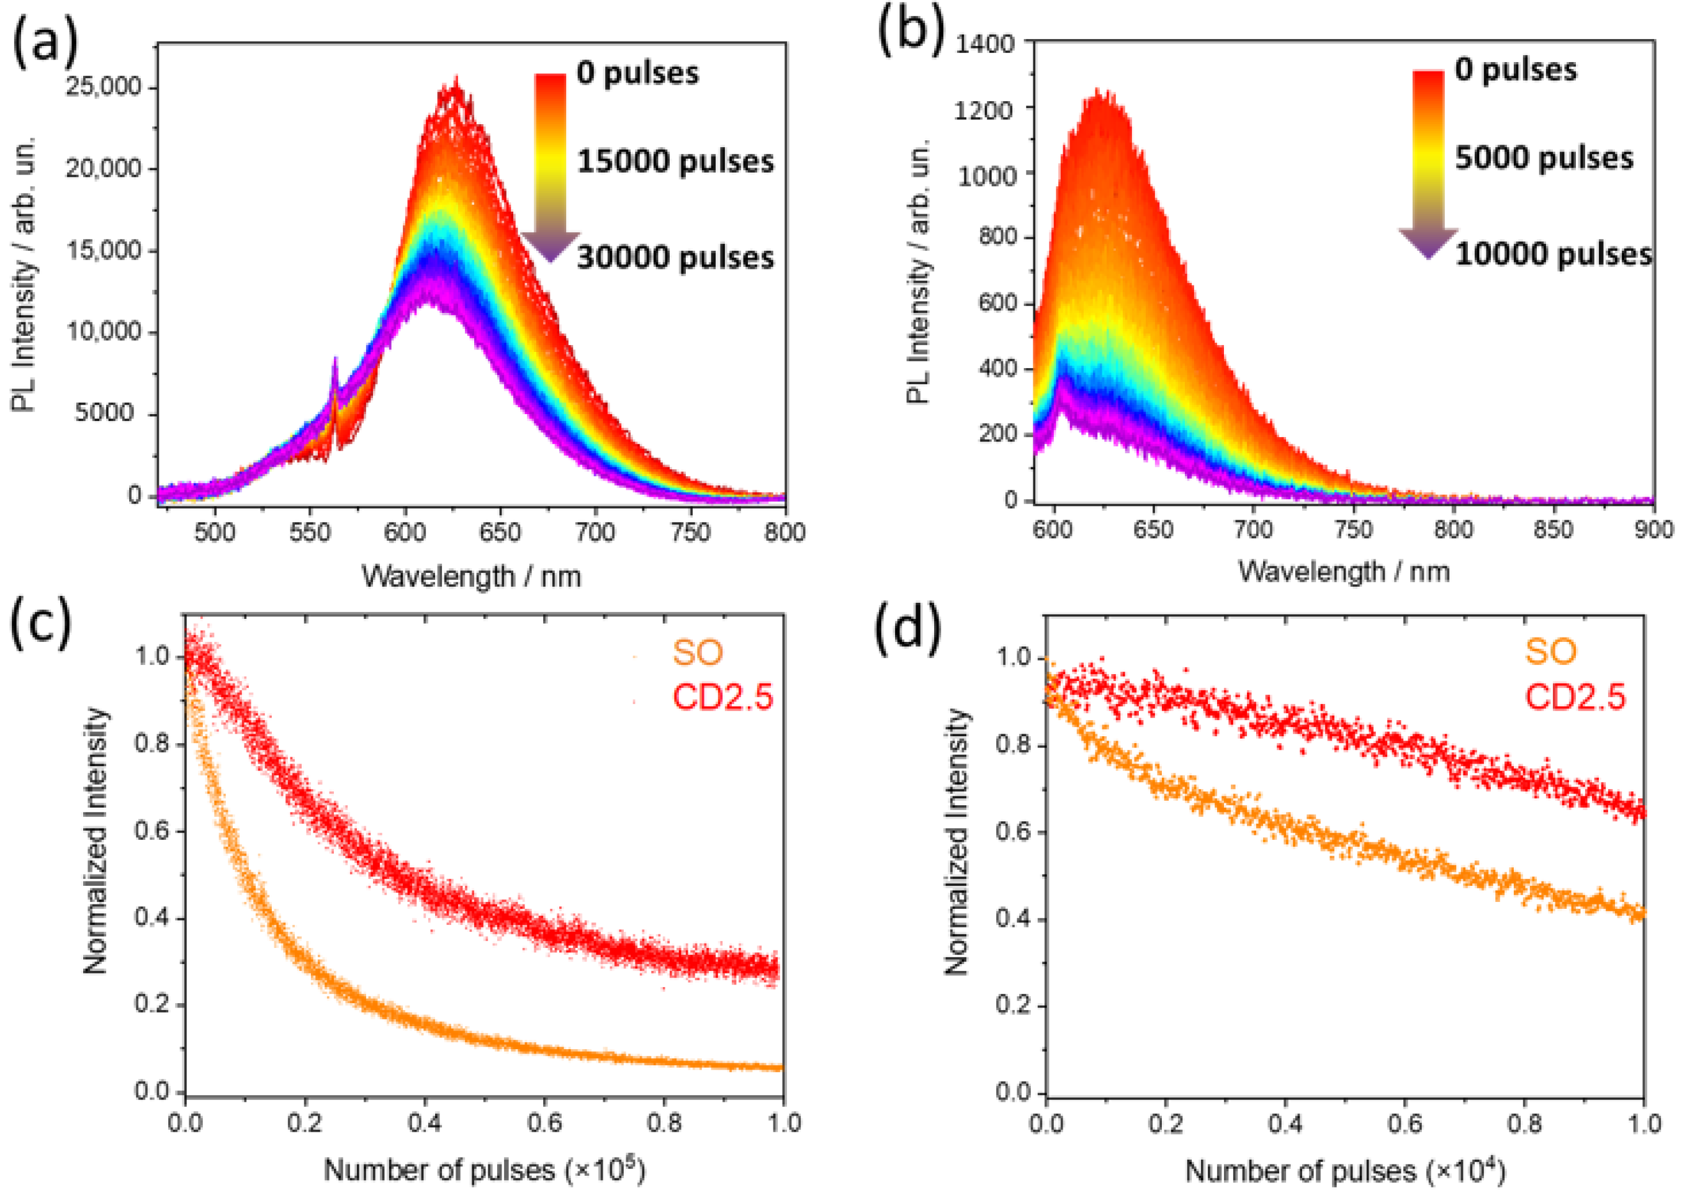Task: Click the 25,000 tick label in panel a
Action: pyautogui.click(x=103, y=88)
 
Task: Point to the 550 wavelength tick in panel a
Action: pyautogui.click(x=310, y=531)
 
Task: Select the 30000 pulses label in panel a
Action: pyautogui.click(x=675, y=258)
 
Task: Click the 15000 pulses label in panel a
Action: pyautogui.click(x=675, y=162)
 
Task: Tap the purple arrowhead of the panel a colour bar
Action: pyautogui.click(x=550, y=246)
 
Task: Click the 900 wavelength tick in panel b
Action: pyautogui.click(x=1653, y=530)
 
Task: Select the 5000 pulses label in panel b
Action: pyautogui.click(x=1544, y=158)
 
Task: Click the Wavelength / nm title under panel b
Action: pyautogui.click(x=1344, y=572)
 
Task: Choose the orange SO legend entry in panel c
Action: pyautogui.click(x=698, y=652)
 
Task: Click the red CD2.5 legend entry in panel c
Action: pyautogui.click(x=722, y=696)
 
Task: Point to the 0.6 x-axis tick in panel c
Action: pyautogui.click(x=544, y=1123)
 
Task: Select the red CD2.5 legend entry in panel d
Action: pyautogui.click(x=1575, y=696)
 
